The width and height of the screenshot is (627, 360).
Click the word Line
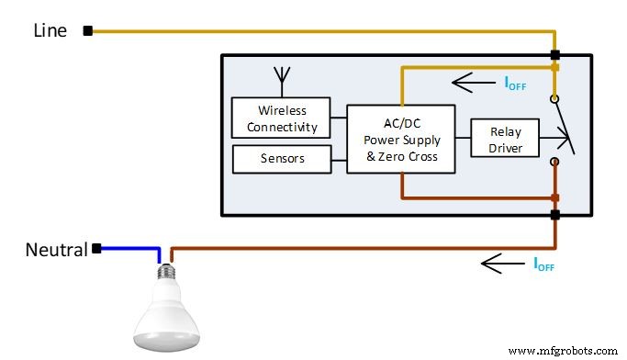[x=50, y=30]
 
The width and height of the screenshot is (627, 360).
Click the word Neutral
[x=56, y=249]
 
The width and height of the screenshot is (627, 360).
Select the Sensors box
[x=281, y=159]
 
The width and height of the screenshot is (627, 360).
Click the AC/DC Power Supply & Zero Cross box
[x=401, y=140]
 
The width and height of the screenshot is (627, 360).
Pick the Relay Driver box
[x=504, y=138]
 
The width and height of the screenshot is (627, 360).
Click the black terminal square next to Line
[x=88, y=30]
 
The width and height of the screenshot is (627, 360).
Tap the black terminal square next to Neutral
[x=95, y=248]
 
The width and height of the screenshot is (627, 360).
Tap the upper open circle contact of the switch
[x=554, y=98]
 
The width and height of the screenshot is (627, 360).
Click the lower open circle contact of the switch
[x=554, y=162]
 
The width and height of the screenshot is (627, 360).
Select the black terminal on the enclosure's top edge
[x=554, y=55]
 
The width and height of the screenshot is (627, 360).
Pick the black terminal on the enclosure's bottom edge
[x=554, y=215]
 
